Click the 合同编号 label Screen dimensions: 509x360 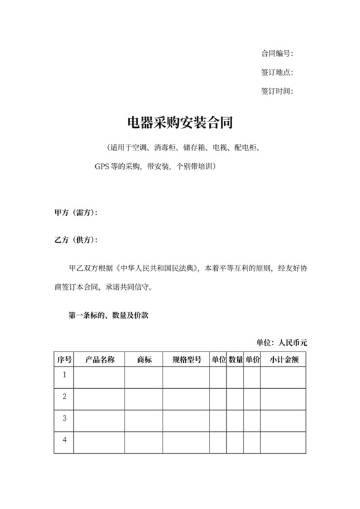277,53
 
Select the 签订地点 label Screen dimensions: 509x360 277,72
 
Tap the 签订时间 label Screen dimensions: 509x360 277,91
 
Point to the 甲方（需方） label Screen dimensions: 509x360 76,213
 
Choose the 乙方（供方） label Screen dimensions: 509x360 76,240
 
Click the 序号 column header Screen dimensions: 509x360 64,359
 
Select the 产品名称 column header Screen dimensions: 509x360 99,359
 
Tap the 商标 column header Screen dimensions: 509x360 144,359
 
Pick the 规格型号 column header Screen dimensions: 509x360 186,359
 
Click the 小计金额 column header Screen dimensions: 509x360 283,359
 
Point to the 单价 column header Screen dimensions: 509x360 252,359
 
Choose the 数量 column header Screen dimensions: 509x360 235,359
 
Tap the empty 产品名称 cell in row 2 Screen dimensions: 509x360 99,398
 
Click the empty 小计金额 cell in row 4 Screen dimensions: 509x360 283,442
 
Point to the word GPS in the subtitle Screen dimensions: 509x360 103,166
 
